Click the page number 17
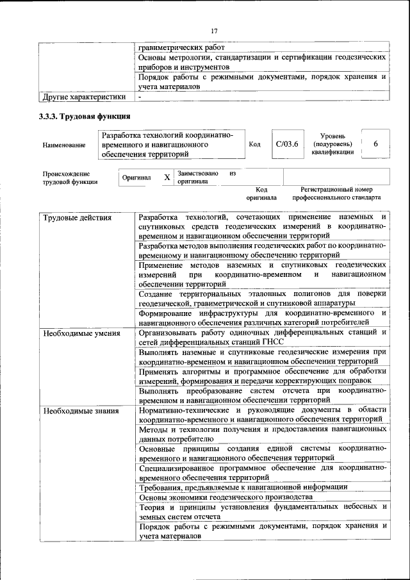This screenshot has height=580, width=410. pos(214,29)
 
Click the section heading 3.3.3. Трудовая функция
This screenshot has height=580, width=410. pos(85,117)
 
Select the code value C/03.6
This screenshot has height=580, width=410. pos(287,145)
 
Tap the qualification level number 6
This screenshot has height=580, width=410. pos(375,145)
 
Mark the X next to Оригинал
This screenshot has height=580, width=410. pos(167,178)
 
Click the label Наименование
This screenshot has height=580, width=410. pos(64,145)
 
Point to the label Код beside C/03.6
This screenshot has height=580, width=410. pos(254,145)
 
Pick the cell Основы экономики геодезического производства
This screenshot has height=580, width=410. pos(225,497)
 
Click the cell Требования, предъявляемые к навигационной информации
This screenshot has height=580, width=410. pos(243,487)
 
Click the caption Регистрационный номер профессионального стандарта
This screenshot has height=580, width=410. pos(336,194)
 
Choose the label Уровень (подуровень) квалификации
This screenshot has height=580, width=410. pos(333,145)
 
